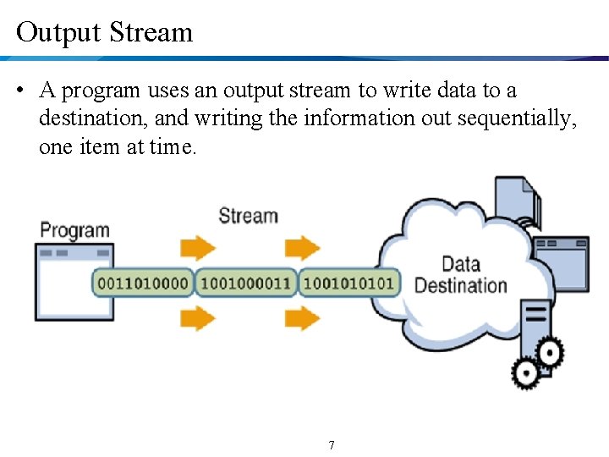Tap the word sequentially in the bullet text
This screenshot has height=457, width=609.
point(517,118)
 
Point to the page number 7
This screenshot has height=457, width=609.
point(331,445)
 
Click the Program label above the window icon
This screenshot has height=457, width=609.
point(74,230)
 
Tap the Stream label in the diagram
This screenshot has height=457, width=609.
point(248,215)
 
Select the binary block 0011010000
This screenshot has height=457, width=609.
point(143,283)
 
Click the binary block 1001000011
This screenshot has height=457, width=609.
point(246,283)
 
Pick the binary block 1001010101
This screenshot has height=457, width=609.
point(348,283)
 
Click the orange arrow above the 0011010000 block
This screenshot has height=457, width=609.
point(198,248)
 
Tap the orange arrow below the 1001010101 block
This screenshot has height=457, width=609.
point(302,318)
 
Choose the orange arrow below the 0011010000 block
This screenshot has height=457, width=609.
point(198,318)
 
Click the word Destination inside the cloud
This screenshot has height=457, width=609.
point(461,285)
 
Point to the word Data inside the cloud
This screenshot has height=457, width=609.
point(461,264)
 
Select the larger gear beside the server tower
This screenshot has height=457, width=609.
point(550,350)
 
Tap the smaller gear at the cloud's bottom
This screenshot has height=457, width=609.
point(525,372)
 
